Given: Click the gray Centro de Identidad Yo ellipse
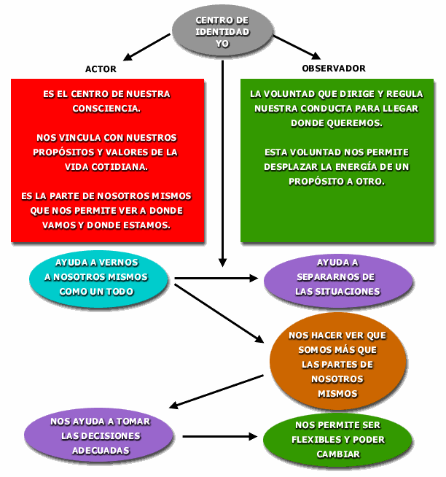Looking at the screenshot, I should [222, 32].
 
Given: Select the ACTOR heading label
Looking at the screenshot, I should [101, 69].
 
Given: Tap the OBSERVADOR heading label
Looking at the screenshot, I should [334, 69].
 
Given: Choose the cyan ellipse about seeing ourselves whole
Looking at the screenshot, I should [99, 277].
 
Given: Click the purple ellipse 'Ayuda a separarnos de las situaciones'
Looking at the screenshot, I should [337, 277].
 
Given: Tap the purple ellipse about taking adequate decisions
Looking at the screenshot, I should [99, 435].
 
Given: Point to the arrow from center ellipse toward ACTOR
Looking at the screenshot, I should [149, 48].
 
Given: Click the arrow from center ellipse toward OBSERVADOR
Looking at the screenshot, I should [296, 47].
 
